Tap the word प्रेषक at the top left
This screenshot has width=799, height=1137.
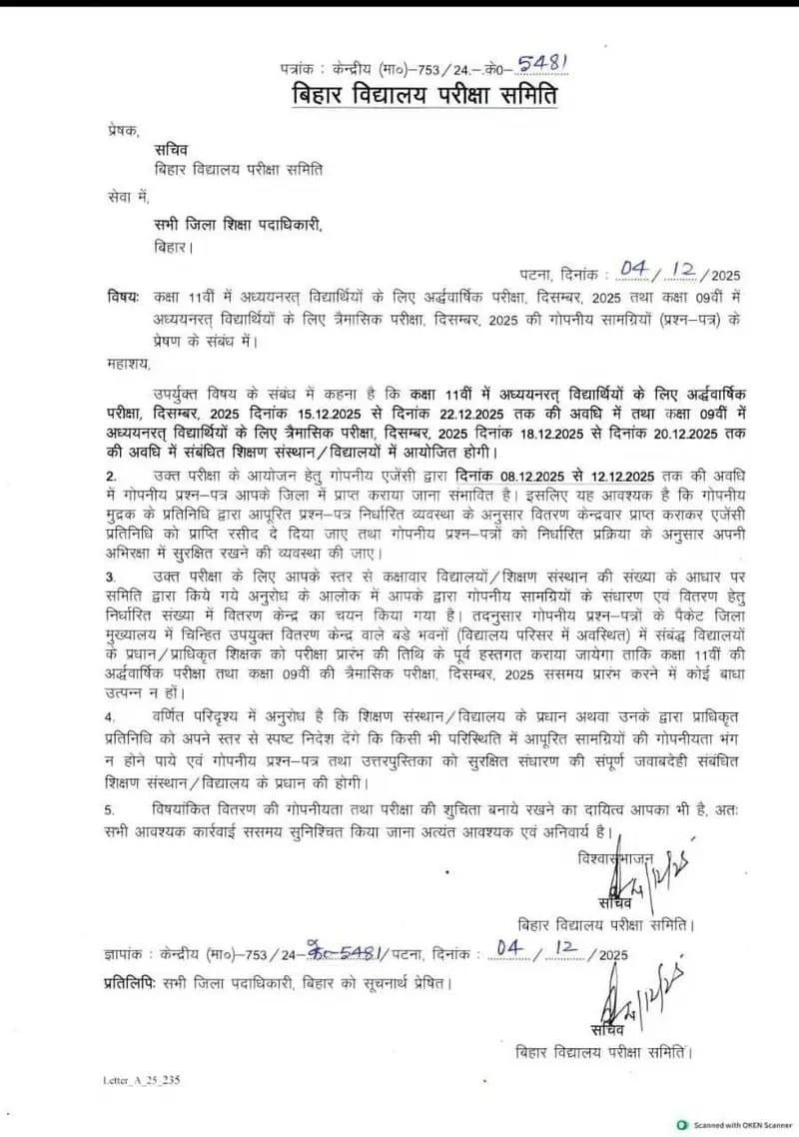125,131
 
